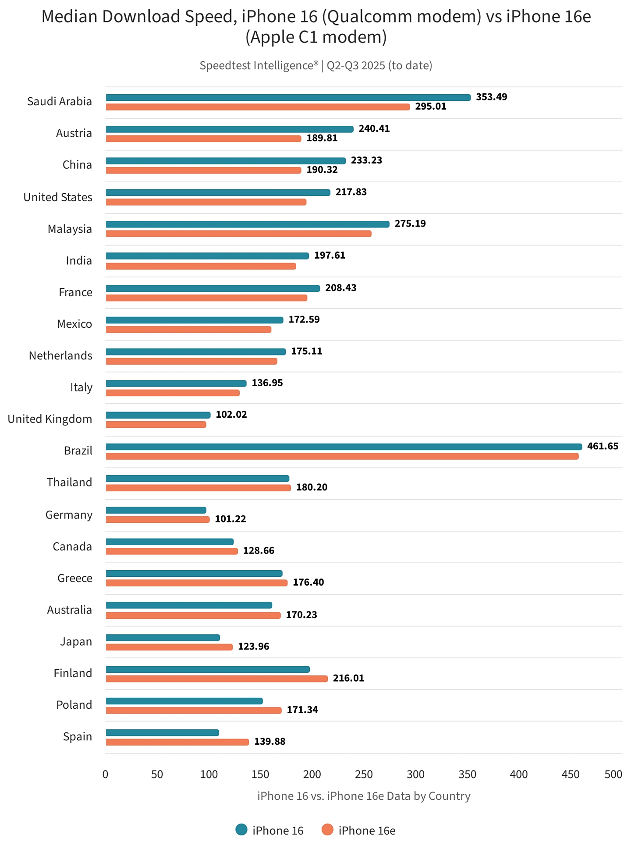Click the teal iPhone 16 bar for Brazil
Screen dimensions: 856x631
click(344, 447)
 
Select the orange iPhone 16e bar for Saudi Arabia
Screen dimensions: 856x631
click(258, 107)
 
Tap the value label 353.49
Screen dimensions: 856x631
click(491, 97)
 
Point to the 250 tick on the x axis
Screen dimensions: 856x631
click(364, 774)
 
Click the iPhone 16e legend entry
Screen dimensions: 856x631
click(367, 831)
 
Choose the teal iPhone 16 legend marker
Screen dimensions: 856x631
click(241, 830)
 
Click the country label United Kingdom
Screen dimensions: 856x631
click(50, 419)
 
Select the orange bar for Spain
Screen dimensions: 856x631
click(177, 742)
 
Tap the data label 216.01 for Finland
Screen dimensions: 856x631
click(348, 678)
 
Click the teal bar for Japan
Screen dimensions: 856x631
click(163, 638)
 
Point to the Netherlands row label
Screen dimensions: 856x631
click(60, 355)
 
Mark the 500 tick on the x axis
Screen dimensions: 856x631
click(613, 774)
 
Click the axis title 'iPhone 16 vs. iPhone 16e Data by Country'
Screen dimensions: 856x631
click(364, 796)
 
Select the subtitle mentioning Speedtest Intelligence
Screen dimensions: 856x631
click(316, 65)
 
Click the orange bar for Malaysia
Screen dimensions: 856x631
click(238, 234)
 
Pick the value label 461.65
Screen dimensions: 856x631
click(603, 446)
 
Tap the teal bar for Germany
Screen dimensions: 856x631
click(156, 510)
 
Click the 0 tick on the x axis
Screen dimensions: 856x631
click(105, 774)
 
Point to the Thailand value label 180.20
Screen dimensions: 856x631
click(312, 487)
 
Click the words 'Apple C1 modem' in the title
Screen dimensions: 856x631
click(316, 37)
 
